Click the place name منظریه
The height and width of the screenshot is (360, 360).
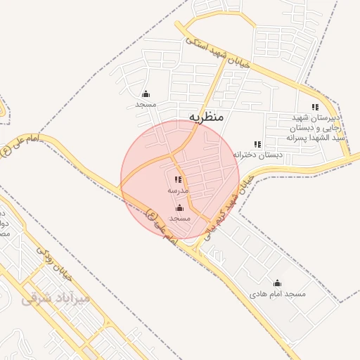point(206,117)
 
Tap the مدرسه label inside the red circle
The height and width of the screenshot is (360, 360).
point(177,191)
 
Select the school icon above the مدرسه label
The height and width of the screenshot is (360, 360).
point(178,180)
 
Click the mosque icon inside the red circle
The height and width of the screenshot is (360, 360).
point(179,208)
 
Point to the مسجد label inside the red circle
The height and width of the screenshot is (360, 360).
point(180,219)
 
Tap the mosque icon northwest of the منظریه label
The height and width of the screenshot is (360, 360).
point(146,94)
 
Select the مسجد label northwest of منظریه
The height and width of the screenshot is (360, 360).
point(146,104)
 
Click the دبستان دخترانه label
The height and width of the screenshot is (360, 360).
point(257,154)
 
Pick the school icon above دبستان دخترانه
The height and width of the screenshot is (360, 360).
point(257,144)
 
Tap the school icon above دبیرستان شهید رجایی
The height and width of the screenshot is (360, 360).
point(315,107)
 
